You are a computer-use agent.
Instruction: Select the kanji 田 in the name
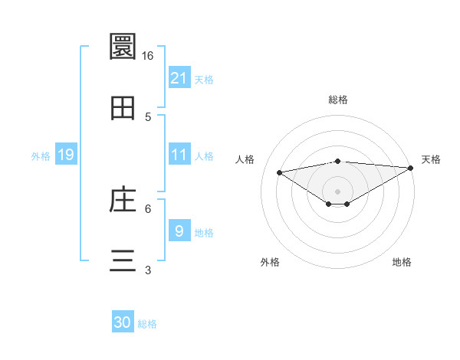tap(123, 108)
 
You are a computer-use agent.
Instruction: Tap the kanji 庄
tap(123, 200)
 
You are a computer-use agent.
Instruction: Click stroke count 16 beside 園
tap(148, 55)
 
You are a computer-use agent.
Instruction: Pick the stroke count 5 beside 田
tap(148, 117)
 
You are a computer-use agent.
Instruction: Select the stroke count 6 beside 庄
tap(148, 208)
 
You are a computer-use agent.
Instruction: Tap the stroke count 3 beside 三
tap(148, 270)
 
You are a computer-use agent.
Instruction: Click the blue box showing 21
tap(179, 78)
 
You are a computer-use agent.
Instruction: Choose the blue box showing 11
tap(179, 155)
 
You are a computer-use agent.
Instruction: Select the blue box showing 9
tap(179, 231)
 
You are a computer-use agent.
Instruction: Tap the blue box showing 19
tap(65, 155)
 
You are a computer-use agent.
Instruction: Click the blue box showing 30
tap(123, 323)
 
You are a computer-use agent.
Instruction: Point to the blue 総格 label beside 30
tap(147, 324)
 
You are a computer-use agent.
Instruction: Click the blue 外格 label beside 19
tap(41, 155)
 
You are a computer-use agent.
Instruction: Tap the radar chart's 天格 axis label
tap(431, 159)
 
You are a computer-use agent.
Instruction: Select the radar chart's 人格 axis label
tap(245, 159)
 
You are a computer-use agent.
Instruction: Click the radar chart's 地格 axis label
tap(402, 262)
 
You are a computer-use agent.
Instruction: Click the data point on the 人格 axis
tap(279, 172)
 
